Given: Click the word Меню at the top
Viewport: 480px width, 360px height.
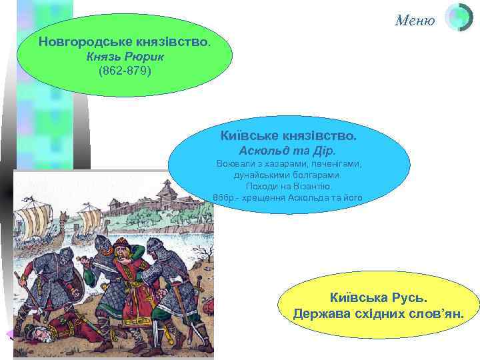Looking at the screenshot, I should coord(415,20).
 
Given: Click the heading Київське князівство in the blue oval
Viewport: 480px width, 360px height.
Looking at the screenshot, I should coord(288,135).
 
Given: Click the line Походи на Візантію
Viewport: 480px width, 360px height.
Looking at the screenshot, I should coord(288,186).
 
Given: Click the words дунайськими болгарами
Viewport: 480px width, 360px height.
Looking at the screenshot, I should coord(288,175).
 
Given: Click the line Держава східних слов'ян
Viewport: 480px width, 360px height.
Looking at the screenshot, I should coord(378,313).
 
